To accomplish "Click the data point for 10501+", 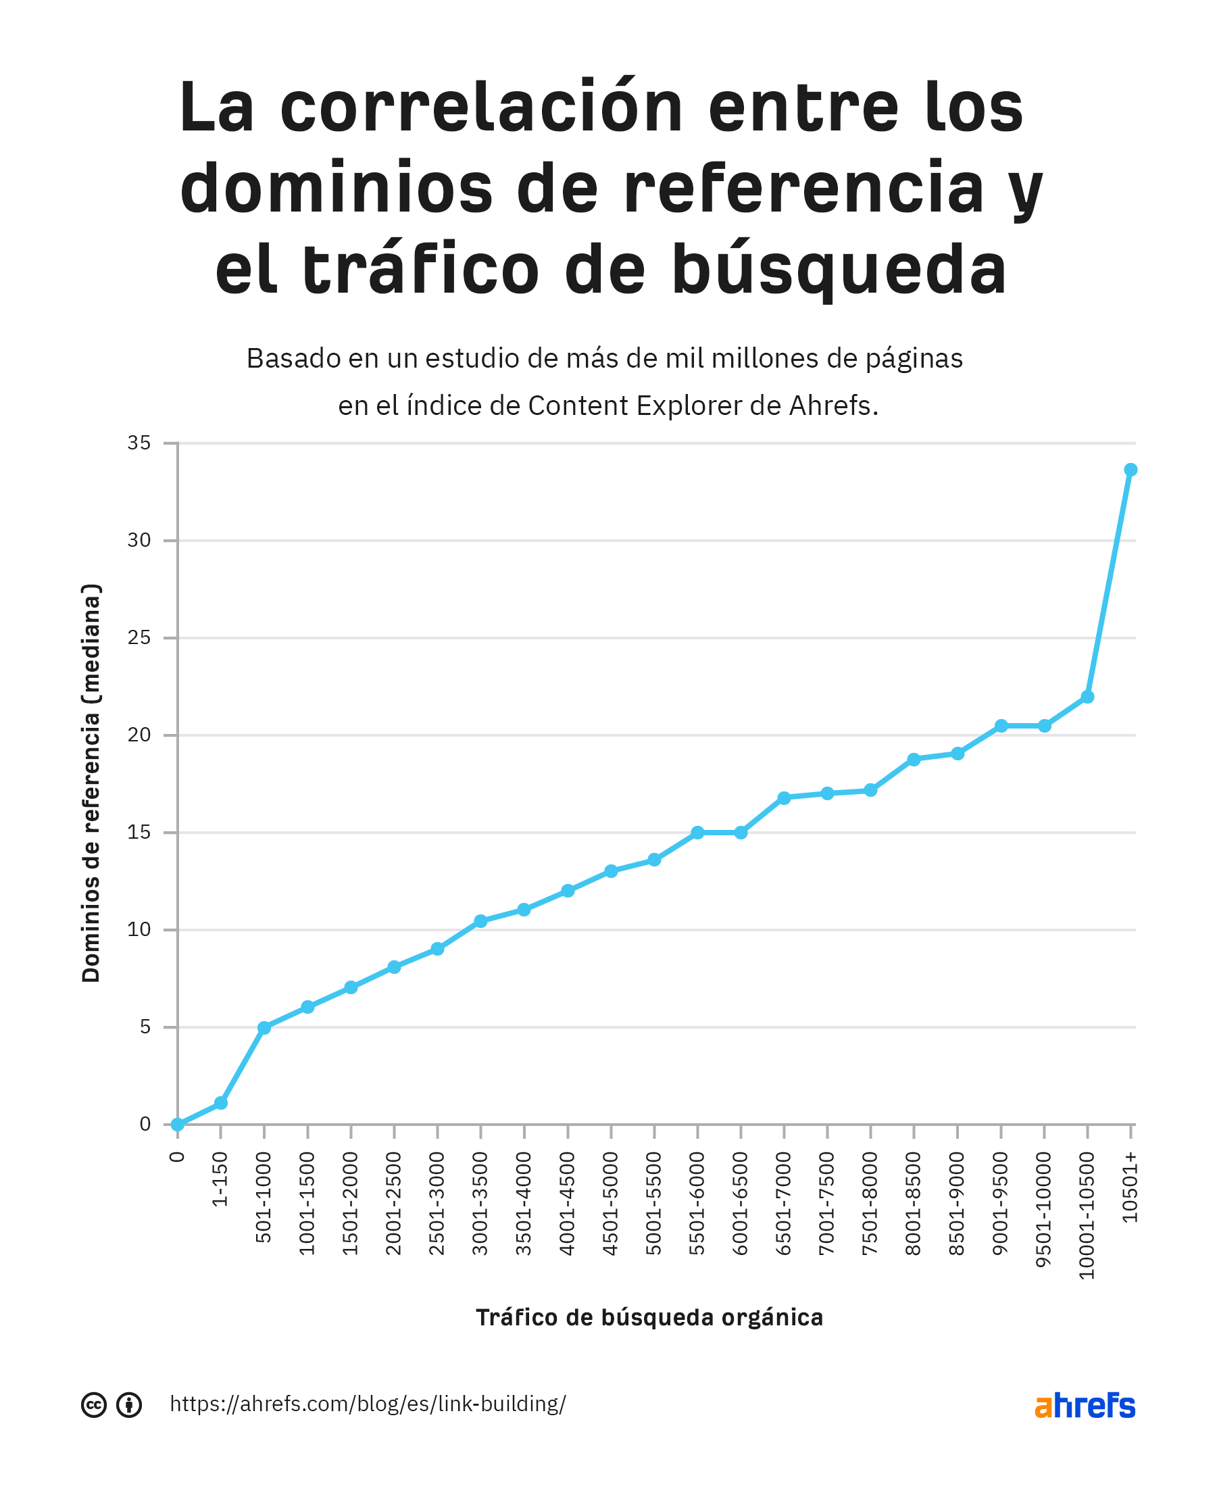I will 1130,470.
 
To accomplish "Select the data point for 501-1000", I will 264,1028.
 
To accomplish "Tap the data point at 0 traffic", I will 177,1125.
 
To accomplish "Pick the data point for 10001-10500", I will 1087,697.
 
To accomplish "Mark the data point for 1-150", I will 221,1103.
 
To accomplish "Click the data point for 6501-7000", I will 784,798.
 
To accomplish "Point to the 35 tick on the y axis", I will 139,443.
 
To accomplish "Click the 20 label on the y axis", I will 139,735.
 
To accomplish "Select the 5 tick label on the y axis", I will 145,1027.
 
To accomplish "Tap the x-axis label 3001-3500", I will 480,1203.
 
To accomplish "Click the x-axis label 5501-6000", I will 697,1203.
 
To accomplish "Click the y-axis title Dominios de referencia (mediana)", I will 92,783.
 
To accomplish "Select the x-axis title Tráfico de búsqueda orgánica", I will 649,1317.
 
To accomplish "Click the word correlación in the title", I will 482,109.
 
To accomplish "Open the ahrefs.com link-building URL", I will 368,1404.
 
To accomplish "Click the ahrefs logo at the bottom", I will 1085,1406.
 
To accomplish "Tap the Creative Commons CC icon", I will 94,1405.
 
